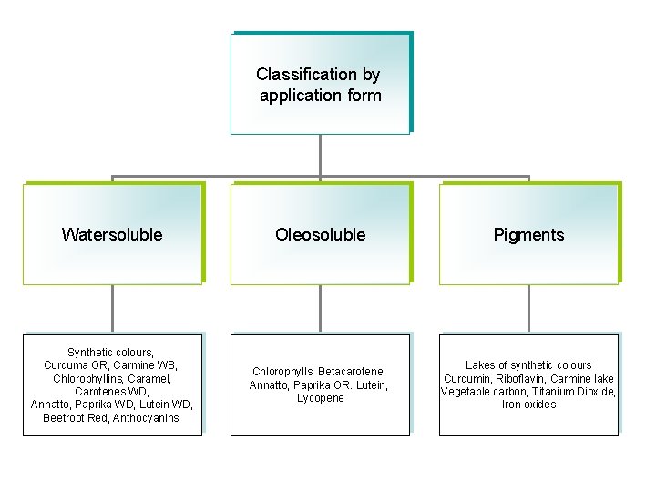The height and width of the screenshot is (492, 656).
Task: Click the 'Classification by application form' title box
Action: coord(319,84)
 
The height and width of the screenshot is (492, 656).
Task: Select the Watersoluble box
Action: coord(112,234)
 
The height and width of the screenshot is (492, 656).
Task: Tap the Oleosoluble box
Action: coord(320,234)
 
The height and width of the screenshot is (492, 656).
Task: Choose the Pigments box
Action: coord(528,234)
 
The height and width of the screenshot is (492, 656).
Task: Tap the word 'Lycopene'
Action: coord(320,398)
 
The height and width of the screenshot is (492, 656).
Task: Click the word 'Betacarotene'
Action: coord(352,372)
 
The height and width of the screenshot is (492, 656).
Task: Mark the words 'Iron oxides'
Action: coord(528,405)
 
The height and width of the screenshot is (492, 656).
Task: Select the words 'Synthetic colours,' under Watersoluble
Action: coord(111,352)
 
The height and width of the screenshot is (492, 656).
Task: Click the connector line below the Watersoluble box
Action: coord(112,308)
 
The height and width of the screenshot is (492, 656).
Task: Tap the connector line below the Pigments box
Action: coord(529,308)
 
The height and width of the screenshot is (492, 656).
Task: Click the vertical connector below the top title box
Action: coord(320,155)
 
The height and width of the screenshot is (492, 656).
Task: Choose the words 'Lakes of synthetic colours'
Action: coord(528,365)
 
